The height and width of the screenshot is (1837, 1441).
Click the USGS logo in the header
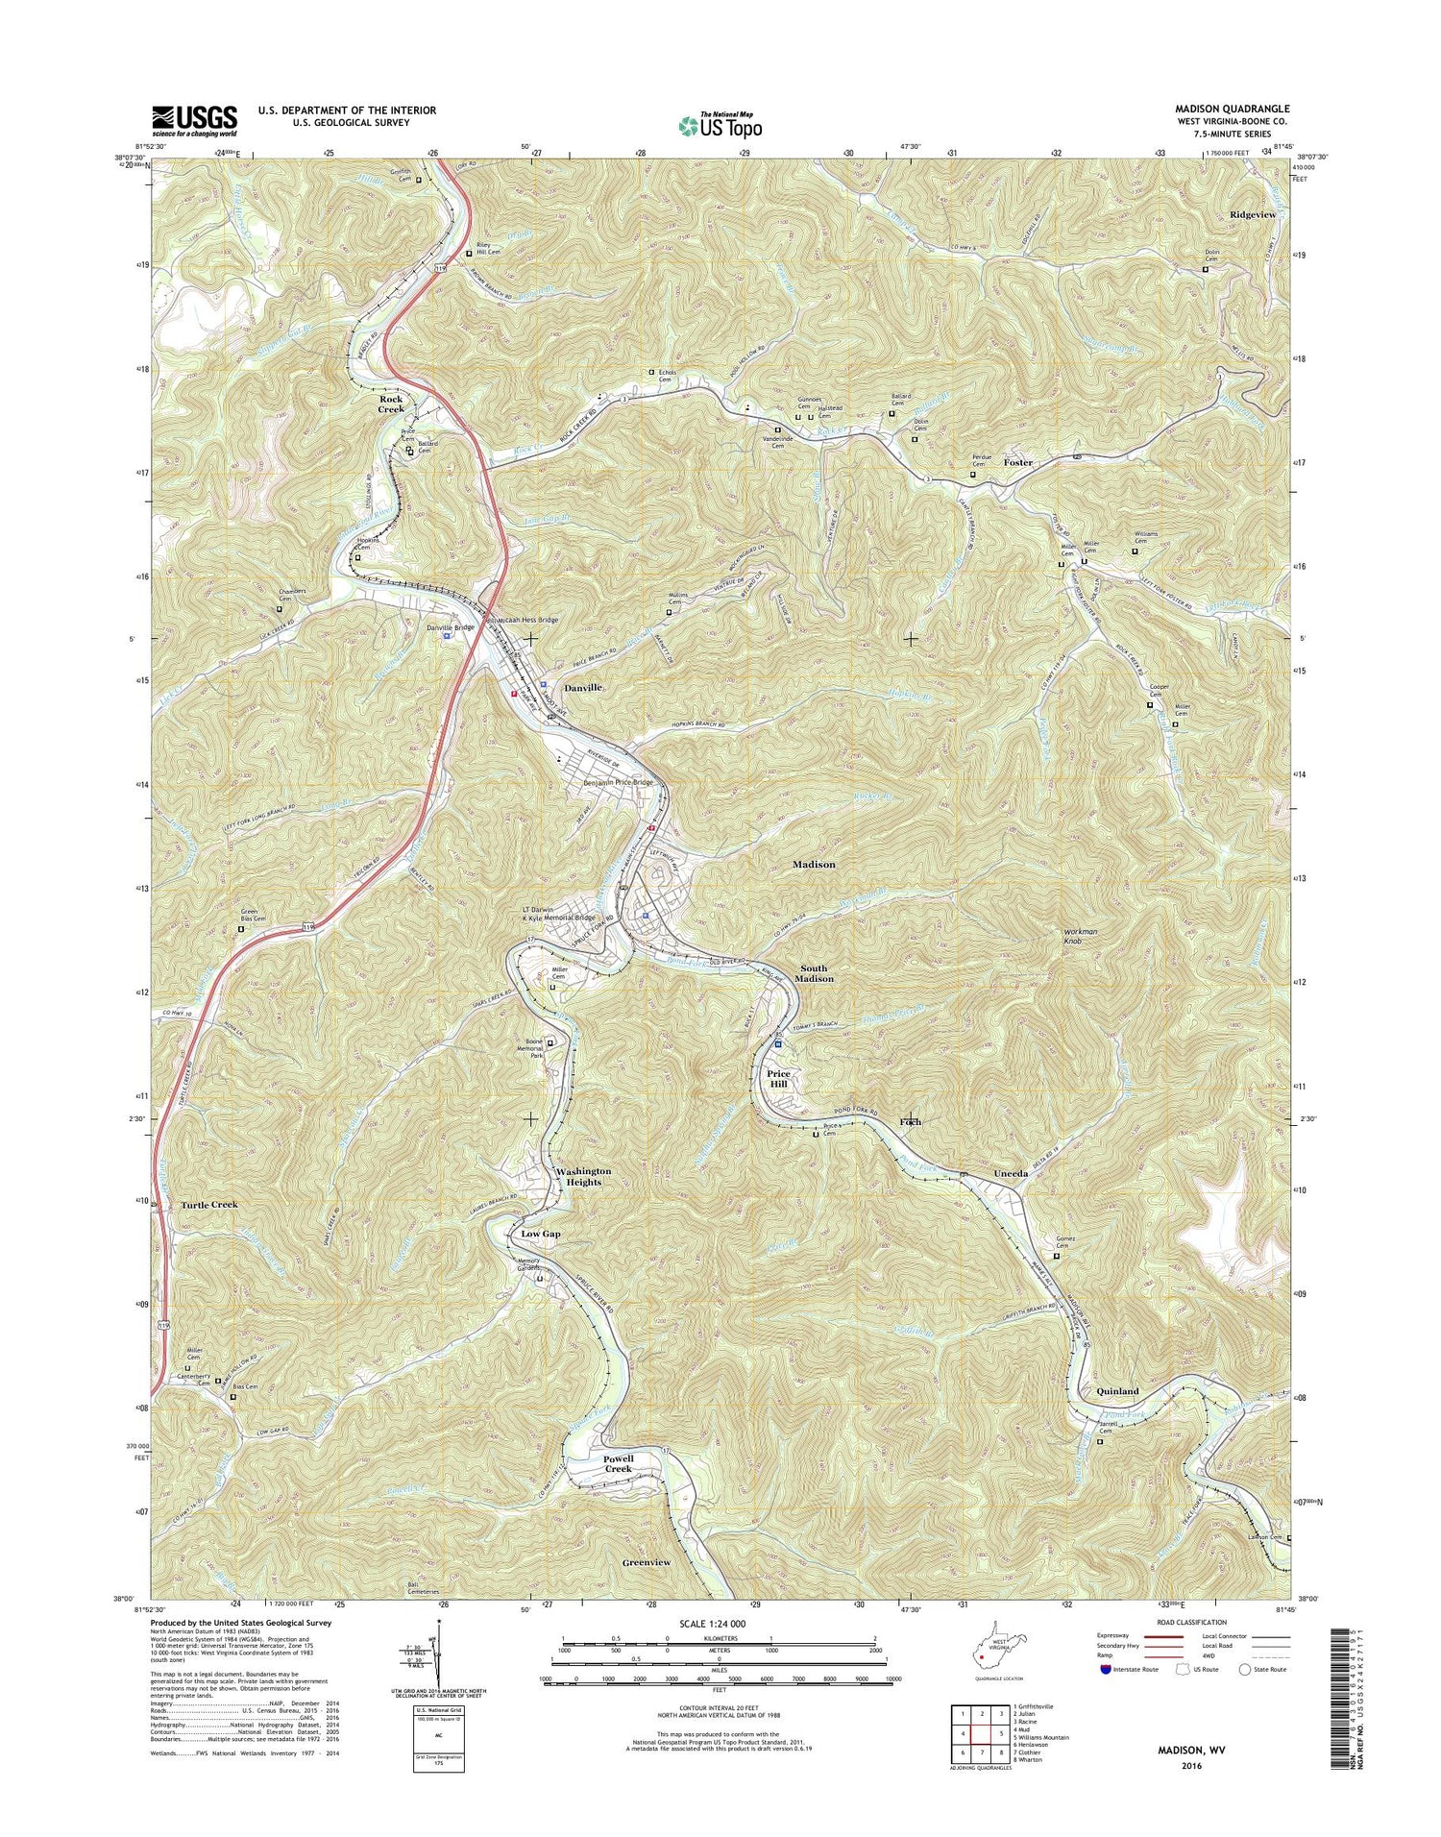tap(194, 117)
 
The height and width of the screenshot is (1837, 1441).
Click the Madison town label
tap(813, 865)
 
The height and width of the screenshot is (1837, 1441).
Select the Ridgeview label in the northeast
tap(1253, 214)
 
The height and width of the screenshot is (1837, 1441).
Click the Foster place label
tap(1017, 462)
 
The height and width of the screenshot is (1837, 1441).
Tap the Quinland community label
tap(1117, 1391)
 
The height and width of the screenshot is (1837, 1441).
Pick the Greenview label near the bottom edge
tap(646, 1563)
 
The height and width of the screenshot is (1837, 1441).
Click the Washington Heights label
tap(583, 1177)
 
